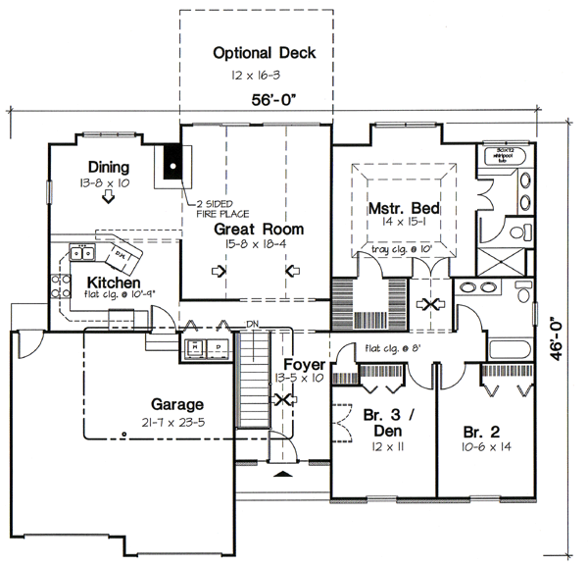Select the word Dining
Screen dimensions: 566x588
[108, 166]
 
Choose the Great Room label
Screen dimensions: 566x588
[259, 229]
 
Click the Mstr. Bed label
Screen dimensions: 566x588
[403, 209]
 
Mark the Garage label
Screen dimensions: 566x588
[176, 404]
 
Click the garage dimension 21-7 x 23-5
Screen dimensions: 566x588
[176, 423]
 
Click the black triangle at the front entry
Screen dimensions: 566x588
[284, 475]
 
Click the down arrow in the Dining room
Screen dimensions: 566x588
[108, 197]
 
